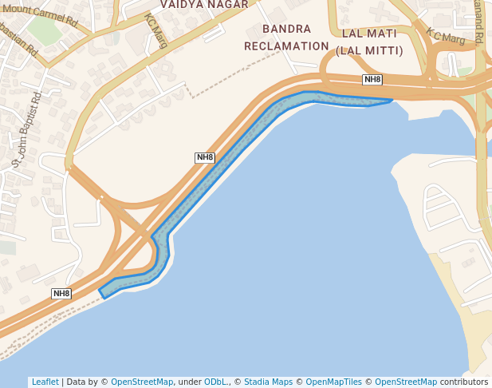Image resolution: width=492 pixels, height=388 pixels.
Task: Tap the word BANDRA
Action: click(x=286, y=30)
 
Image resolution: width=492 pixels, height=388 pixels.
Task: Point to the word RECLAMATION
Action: click(x=286, y=46)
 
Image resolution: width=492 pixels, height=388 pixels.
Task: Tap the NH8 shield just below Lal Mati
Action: click(x=372, y=80)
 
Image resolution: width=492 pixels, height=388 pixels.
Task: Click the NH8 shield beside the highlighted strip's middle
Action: click(x=205, y=157)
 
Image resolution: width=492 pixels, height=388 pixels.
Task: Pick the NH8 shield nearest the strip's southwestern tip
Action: click(x=61, y=294)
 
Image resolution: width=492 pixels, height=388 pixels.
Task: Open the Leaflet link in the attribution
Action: click(x=45, y=382)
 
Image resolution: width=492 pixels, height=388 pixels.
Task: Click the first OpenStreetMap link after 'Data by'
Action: click(x=142, y=382)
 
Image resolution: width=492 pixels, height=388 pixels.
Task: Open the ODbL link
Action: click(x=216, y=382)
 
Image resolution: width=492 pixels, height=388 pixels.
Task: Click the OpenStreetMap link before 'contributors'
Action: click(x=406, y=382)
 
